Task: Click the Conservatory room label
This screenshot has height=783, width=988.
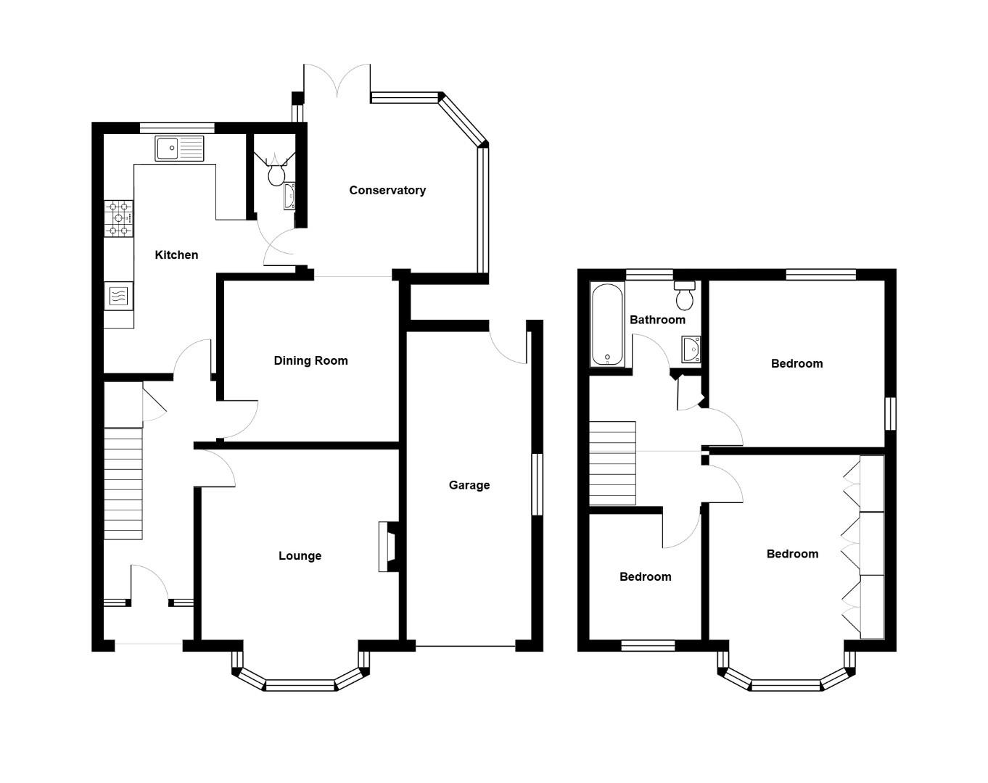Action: click(387, 190)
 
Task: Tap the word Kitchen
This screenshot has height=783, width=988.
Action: click(176, 254)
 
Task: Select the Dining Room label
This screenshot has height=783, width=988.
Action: click(310, 360)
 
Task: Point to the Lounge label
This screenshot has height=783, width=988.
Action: click(300, 555)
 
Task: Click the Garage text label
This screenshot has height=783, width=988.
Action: click(469, 485)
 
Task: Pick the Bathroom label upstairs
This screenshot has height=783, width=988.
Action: click(656, 320)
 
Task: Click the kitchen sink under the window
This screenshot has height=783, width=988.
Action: click(180, 149)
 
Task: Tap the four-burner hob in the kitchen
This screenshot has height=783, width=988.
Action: click(119, 218)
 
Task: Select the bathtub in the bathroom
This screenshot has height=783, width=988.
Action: click(607, 324)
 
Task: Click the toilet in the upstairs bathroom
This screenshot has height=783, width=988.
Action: click(685, 296)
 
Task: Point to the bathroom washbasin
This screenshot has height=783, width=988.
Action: click(691, 349)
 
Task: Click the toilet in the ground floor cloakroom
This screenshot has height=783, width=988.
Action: click(276, 175)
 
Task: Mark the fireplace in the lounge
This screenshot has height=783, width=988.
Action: click(388, 547)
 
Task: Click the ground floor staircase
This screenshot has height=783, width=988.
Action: click(123, 483)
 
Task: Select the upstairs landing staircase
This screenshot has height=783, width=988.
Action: click(612, 463)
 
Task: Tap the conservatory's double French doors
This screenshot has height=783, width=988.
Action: click(337, 81)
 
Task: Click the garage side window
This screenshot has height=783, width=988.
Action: click(538, 484)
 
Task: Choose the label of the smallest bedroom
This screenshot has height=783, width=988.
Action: click(645, 576)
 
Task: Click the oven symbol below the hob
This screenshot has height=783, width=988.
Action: click(118, 296)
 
